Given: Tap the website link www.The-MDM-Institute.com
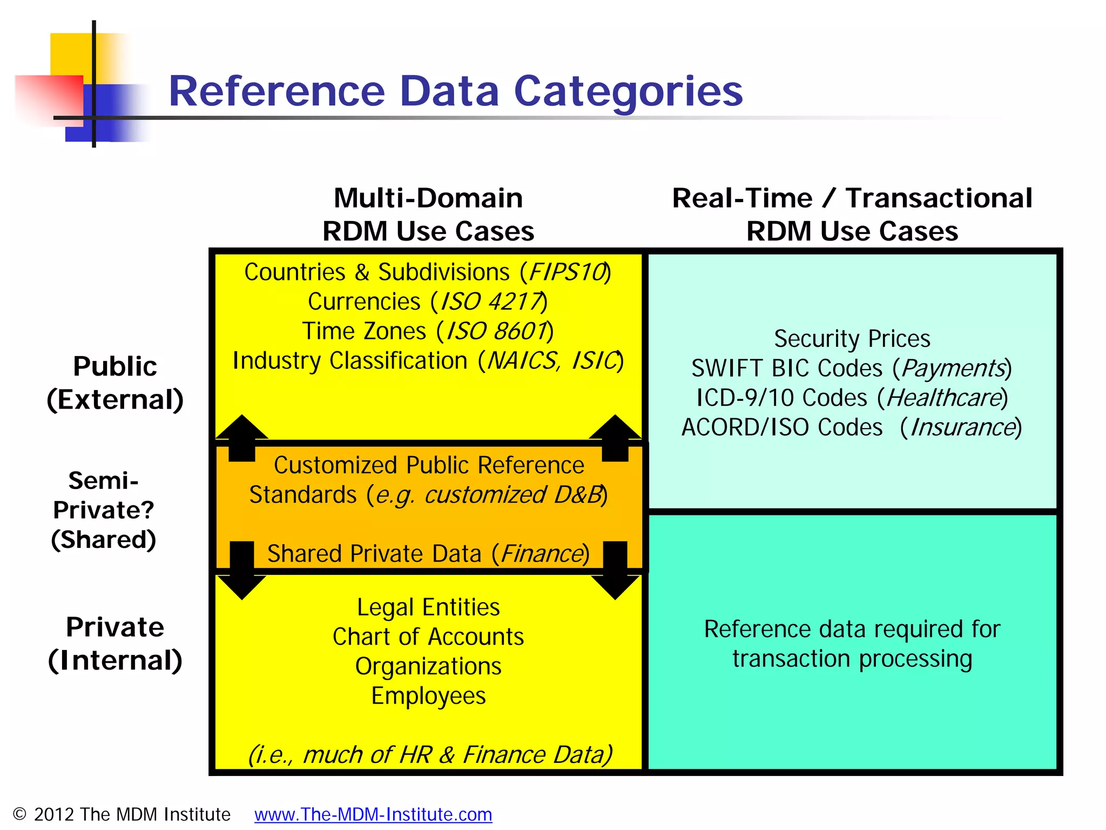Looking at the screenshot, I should [373, 814].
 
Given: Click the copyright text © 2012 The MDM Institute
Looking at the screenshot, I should [122, 814].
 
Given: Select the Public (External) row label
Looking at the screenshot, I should [115, 383].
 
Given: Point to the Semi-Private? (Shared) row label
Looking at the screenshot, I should [104, 510].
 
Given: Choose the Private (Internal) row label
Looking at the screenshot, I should [115, 643].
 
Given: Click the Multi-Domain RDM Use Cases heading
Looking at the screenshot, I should [428, 215].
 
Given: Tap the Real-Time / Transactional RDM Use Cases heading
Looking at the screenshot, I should [852, 215].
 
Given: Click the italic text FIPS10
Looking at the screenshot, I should [567, 272].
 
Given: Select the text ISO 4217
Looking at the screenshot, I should [491, 302].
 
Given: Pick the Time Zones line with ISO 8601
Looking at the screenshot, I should [428, 331].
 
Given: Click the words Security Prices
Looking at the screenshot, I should [852, 339].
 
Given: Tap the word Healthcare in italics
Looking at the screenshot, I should [944, 398].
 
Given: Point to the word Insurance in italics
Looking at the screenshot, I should [963, 427].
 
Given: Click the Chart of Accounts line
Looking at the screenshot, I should [428, 637].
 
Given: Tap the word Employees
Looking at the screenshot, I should [428, 696].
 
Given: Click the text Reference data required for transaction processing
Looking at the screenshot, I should [852, 644].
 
